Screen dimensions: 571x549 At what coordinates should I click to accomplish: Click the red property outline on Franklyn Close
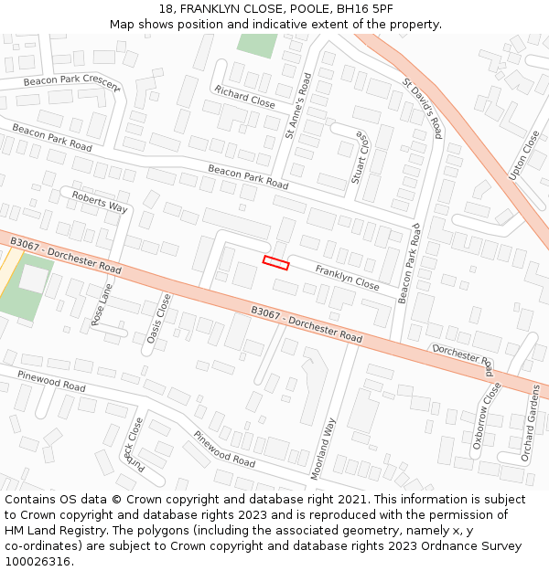(275, 263)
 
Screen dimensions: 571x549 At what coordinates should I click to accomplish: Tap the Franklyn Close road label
(347, 278)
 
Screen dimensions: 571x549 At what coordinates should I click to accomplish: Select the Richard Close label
(244, 96)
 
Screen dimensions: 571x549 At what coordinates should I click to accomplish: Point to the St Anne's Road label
(298, 106)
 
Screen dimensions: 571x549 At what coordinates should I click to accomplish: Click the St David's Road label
(422, 109)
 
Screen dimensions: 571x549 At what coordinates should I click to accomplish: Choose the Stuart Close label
(360, 157)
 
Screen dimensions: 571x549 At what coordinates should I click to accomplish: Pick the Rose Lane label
(102, 304)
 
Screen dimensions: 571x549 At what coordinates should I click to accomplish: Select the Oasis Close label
(158, 319)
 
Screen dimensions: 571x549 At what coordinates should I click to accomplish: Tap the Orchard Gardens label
(531, 423)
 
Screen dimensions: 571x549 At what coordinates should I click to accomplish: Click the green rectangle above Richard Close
(256, 45)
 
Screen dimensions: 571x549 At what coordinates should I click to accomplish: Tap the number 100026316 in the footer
(38, 561)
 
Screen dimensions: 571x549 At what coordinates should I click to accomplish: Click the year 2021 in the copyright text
(349, 500)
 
